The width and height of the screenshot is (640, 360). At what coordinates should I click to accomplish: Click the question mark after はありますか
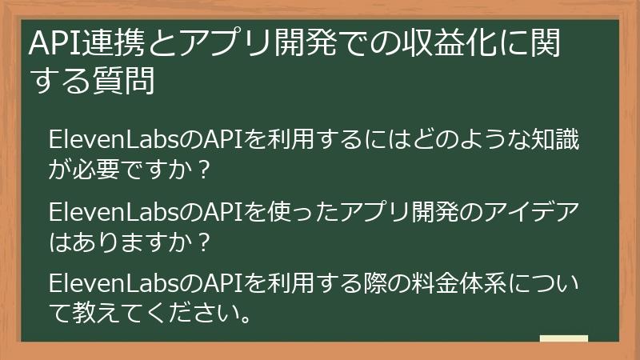[204, 242]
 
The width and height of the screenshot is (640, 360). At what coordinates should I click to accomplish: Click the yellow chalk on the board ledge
[563, 338]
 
